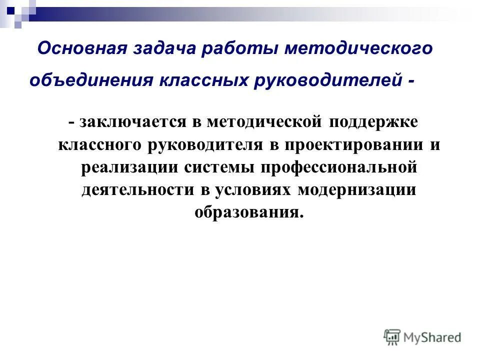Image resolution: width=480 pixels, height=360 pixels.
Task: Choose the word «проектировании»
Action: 353,144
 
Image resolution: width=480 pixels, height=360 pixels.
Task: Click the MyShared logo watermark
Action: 422,337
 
